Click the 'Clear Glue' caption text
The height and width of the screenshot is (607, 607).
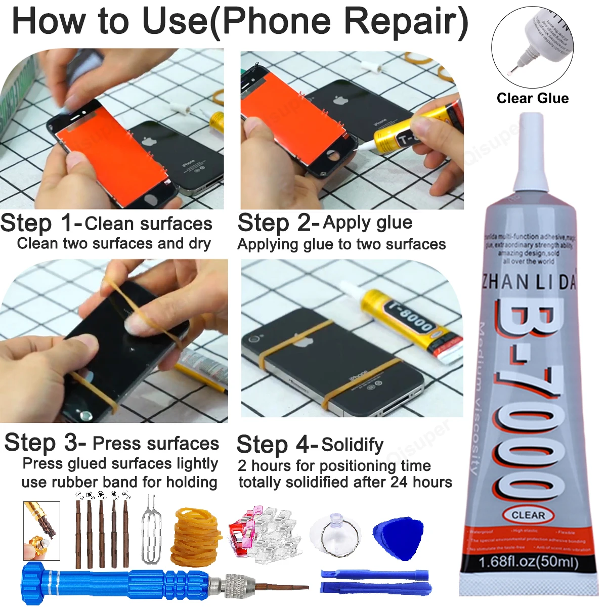[x=532, y=98]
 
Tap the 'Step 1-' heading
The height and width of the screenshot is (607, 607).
[x=40, y=223]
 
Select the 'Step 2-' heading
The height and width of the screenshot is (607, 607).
[x=278, y=223]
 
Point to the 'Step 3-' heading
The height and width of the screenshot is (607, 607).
[x=45, y=443]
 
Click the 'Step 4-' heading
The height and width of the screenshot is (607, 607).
[x=277, y=445]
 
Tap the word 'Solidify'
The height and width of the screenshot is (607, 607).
[x=352, y=445]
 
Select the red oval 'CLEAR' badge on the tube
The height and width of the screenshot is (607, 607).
[x=529, y=515]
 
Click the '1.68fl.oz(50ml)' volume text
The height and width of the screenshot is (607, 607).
[x=528, y=561]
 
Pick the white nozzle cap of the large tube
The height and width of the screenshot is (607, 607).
[x=531, y=152]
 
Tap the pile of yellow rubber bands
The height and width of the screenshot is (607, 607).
[x=196, y=537]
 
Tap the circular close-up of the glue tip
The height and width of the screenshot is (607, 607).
[x=532, y=47]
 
